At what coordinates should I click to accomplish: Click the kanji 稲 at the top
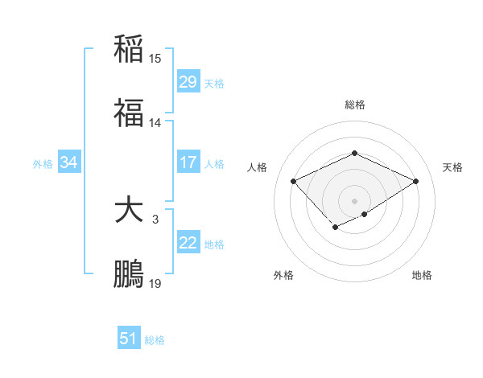coord(130,48)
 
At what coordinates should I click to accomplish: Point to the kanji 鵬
coord(130,273)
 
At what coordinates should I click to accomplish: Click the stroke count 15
coord(155,59)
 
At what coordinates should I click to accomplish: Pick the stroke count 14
coord(155,123)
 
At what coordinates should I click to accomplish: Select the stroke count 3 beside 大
coord(155,220)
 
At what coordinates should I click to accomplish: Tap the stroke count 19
coord(155,284)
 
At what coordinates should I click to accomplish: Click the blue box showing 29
coord(188,82)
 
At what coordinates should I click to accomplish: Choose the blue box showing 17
coord(188,162)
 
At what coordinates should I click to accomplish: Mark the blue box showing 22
coord(188,243)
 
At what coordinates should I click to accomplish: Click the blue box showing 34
coord(69,162)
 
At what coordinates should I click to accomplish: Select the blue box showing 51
coord(129,339)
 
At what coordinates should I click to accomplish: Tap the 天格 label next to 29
coord(214,83)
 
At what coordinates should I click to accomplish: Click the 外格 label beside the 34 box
coord(43,163)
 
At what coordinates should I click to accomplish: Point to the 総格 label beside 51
coord(155,339)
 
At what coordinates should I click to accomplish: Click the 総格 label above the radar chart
coord(354,105)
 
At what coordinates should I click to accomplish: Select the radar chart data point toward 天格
coord(416,182)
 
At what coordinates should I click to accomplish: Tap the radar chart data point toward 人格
coord(294,182)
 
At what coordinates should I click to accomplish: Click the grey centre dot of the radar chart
coord(354,200)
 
